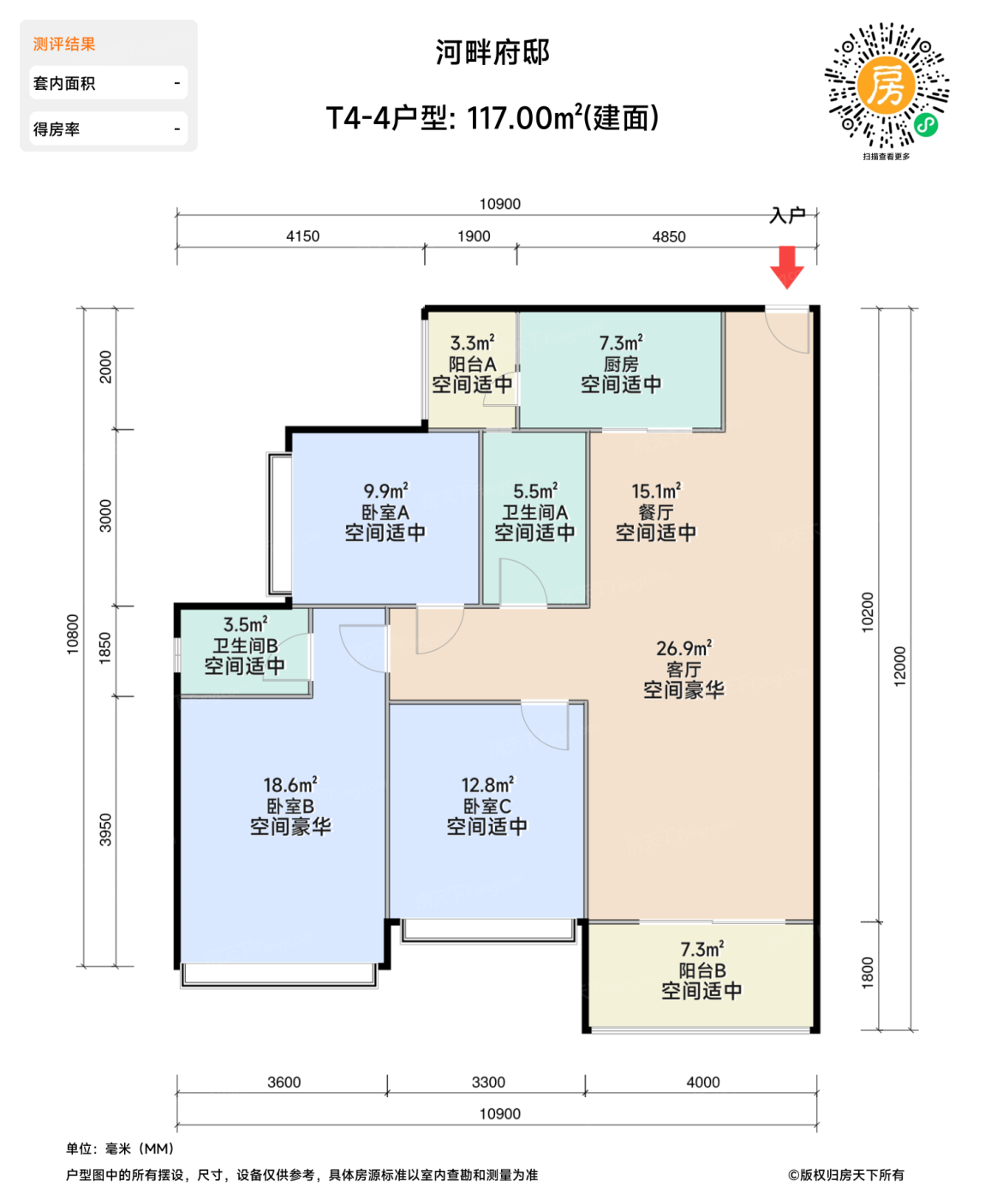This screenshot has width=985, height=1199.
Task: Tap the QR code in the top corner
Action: click(x=886, y=86)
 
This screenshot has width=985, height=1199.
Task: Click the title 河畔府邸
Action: click(x=493, y=52)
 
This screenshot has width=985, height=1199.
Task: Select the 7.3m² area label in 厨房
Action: click(x=621, y=343)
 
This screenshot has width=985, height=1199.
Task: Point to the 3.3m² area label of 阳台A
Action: click(x=472, y=343)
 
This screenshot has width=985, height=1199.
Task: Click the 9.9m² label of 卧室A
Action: click(x=385, y=492)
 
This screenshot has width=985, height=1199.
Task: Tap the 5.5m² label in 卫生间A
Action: click(x=535, y=492)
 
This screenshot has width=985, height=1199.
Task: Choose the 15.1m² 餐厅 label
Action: click(x=656, y=492)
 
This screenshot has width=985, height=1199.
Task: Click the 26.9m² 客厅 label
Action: click(x=684, y=649)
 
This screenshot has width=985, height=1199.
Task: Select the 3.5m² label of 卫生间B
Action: click(x=245, y=625)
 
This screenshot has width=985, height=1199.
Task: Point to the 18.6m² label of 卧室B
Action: click(x=290, y=785)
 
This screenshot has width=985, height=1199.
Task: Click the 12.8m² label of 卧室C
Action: click(x=487, y=785)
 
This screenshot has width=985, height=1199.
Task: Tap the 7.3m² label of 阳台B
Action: click(x=701, y=950)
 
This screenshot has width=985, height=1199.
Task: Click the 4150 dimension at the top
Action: click(x=302, y=236)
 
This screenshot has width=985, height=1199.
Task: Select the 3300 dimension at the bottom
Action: click(x=488, y=1083)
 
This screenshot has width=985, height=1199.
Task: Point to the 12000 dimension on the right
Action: click(x=899, y=666)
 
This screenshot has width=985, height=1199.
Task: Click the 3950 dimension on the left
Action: click(x=105, y=830)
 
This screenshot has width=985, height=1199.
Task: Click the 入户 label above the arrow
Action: click(x=787, y=215)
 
